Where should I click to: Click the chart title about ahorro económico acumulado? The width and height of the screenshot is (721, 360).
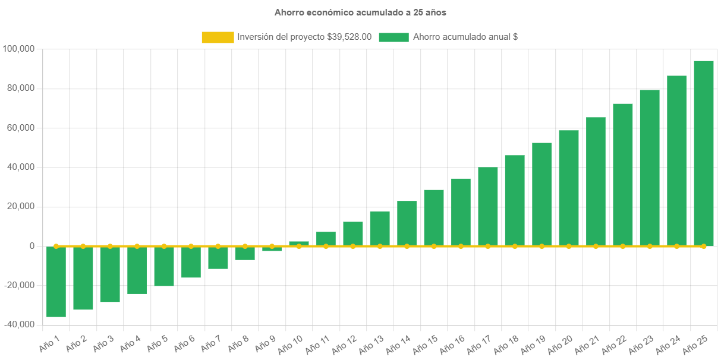pyautogui.click(x=360, y=12)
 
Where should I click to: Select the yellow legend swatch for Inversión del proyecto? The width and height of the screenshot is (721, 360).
pyautogui.click(x=218, y=37)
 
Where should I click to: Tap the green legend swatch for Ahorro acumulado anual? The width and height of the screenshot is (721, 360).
pyautogui.click(x=393, y=37)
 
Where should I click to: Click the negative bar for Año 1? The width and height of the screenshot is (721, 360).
pyautogui.click(x=56, y=282)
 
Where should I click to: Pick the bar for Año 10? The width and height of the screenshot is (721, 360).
pyautogui.click(x=299, y=243)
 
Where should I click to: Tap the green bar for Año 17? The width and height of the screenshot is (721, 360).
pyautogui.click(x=488, y=206)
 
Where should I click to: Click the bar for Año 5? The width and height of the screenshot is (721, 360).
pyautogui.click(x=164, y=266)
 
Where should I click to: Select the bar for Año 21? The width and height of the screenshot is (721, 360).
pyautogui.click(x=596, y=181)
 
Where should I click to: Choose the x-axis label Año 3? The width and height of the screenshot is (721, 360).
pyautogui.click(x=103, y=343)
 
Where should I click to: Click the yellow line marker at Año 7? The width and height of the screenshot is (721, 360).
pyautogui.click(x=218, y=246)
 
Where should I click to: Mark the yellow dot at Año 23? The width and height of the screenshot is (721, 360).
pyautogui.click(x=650, y=246)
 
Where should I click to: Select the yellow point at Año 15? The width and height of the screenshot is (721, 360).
pyautogui.click(x=434, y=246)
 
